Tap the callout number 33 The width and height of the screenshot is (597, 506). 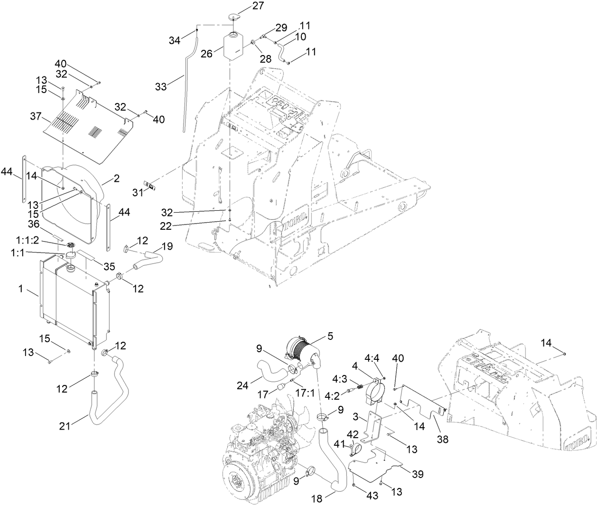point(162,86)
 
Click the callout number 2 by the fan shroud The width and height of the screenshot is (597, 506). point(116,178)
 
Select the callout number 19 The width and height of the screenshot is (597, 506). point(167,246)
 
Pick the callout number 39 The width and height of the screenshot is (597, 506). point(418,473)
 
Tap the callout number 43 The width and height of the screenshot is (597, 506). point(372,496)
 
